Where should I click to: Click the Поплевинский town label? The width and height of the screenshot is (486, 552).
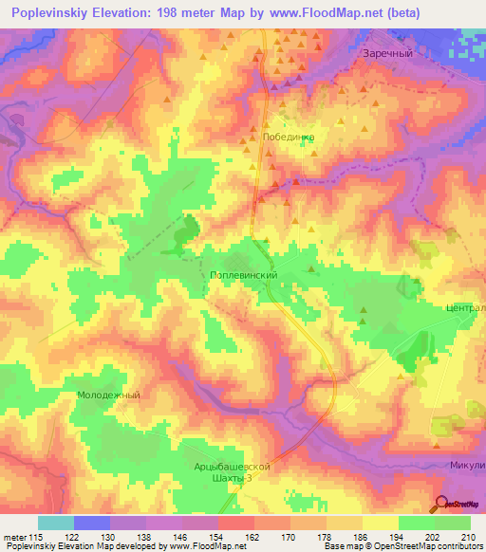[x=242, y=274]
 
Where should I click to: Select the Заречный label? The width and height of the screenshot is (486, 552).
[x=387, y=54]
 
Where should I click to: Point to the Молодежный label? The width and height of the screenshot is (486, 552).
[x=108, y=395]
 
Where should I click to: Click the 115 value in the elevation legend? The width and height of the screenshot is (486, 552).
[x=39, y=538]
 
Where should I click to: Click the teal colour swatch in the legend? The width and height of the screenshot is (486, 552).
[x=56, y=523]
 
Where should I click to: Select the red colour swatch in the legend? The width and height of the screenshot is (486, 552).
[x=235, y=523]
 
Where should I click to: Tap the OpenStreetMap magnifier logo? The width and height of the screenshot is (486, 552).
[x=439, y=504]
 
